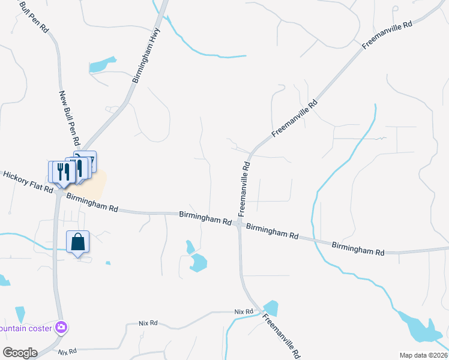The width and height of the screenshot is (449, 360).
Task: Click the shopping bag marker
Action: (x=78, y=242)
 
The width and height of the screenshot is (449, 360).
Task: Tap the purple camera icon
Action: (x=61, y=328)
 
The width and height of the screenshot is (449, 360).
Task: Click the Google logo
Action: (x=19, y=352)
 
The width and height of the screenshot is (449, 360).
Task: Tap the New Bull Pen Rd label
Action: (x=70, y=119)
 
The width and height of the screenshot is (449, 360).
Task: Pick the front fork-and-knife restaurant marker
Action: (x=61, y=172)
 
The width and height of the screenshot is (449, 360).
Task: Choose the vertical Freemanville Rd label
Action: (x=244, y=188)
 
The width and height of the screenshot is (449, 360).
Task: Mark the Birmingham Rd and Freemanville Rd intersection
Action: (x=239, y=224)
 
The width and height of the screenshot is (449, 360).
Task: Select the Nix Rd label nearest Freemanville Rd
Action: (x=244, y=312)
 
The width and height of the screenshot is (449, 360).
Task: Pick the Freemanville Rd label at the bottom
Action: (x=282, y=336)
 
